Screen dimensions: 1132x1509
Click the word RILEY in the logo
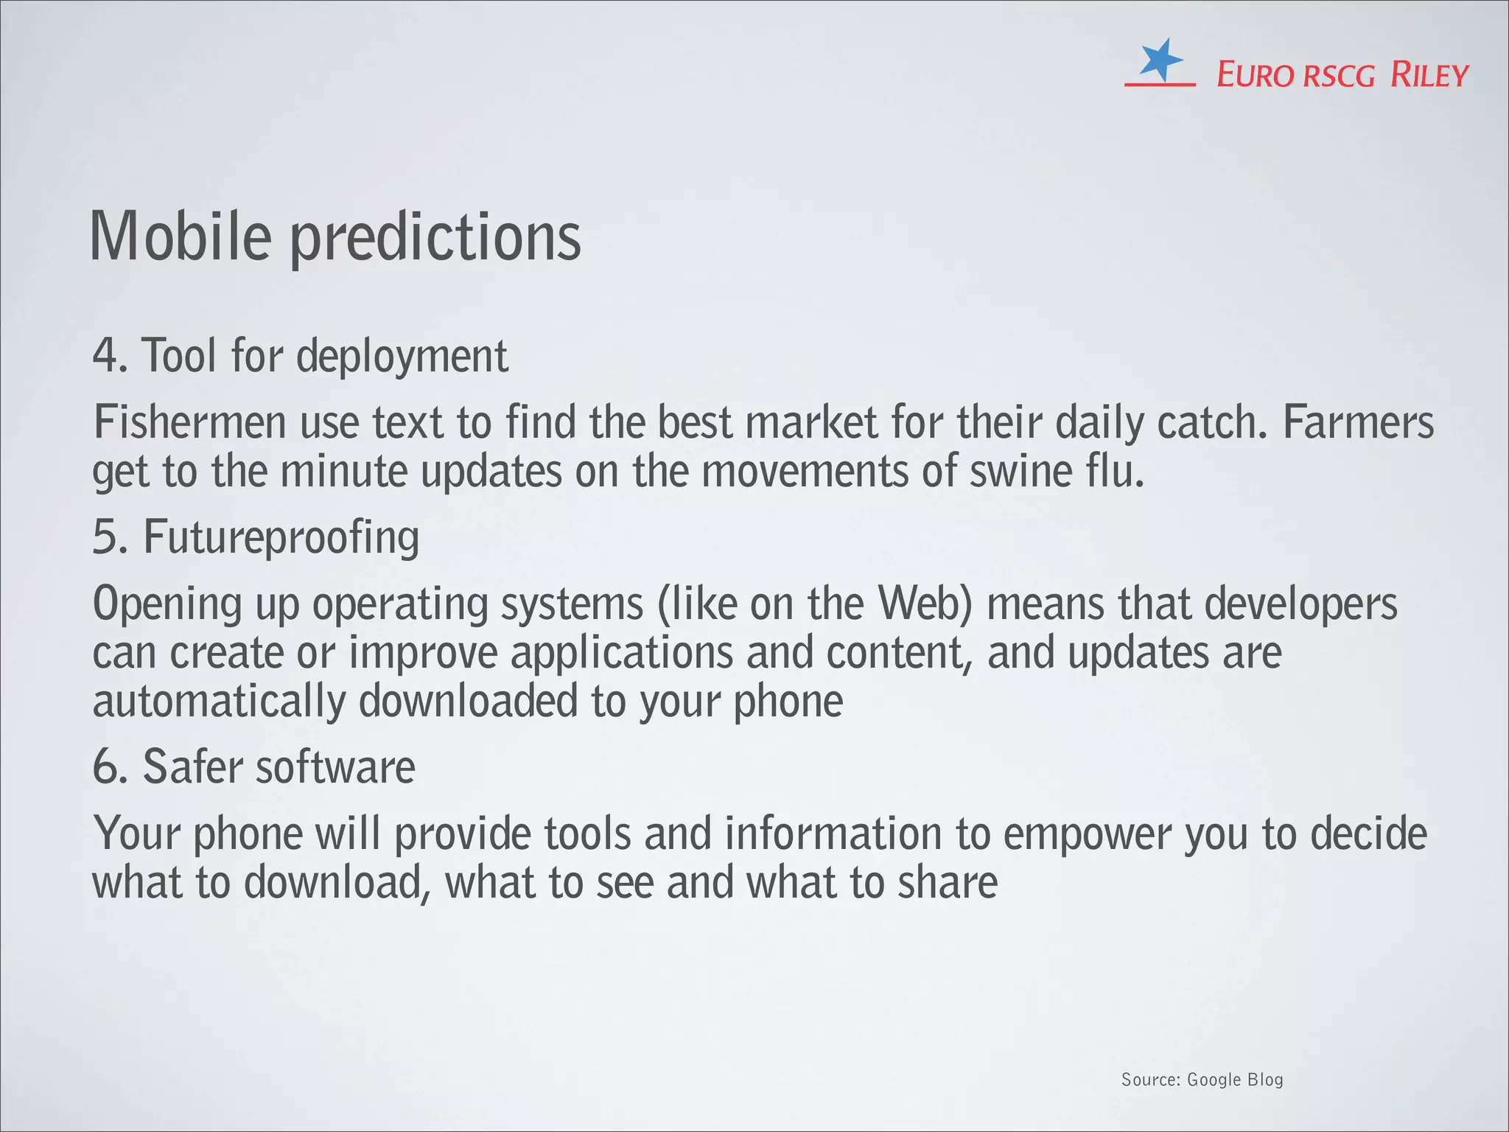1429,75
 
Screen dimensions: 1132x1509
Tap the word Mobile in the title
180,237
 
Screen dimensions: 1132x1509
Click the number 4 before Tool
105,356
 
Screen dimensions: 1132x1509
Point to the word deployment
402,357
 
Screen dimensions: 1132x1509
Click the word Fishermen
189,423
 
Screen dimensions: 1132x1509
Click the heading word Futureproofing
281,537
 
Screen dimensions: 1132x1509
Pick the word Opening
167,605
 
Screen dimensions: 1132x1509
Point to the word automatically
219,702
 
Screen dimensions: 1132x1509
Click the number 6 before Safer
105,767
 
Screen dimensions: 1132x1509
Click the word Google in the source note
1214,1080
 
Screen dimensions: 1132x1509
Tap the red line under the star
1159,85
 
